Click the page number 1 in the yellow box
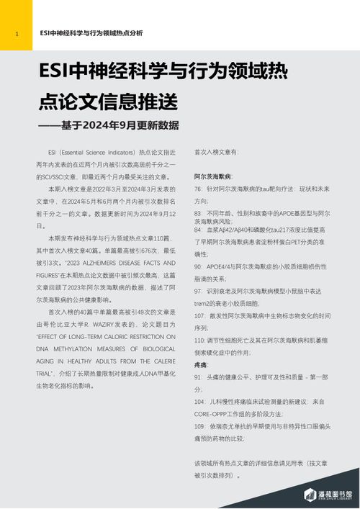click(16, 33)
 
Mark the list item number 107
click(200, 315)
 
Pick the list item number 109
click(200, 426)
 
